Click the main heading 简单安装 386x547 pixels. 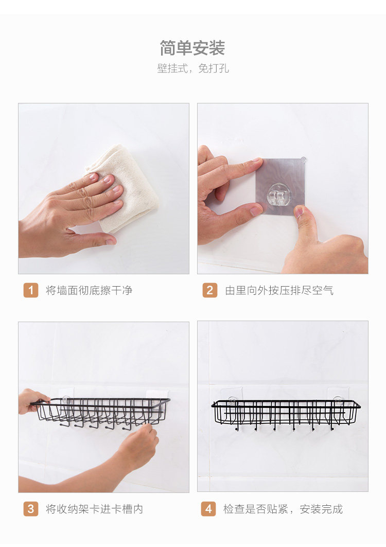[x=192, y=48]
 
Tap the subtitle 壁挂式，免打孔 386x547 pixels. [x=193, y=68]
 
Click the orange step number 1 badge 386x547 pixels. [x=31, y=290]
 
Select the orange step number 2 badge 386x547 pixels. [x=210, y=290]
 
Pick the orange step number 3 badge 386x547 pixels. [x=31, y=509]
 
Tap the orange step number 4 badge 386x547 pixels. [x=208, y=509]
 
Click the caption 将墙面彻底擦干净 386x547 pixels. [x=89, y=290]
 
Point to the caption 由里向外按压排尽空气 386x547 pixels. [x=279, y=290]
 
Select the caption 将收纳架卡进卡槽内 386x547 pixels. [x=95, y=509]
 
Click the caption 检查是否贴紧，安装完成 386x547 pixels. [x=283, y=509]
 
